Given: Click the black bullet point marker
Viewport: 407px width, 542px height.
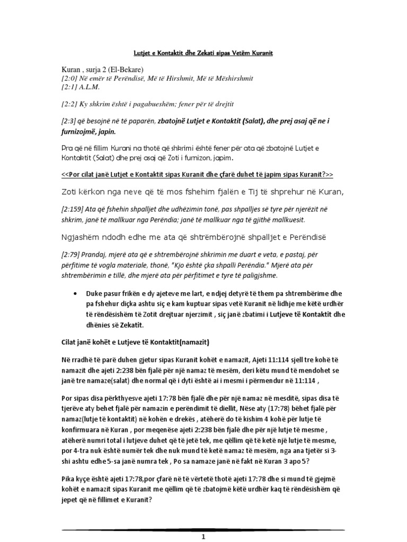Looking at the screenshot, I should pos(79,293).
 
